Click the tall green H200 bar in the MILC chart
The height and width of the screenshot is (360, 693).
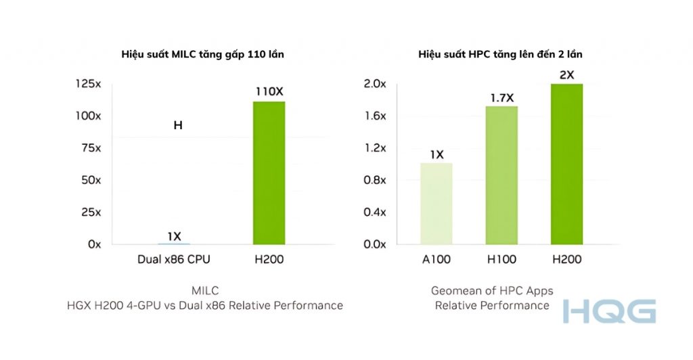269,173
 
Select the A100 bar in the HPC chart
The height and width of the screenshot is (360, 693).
436,203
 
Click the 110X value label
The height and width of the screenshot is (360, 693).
269,91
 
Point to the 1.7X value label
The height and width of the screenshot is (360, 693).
501,97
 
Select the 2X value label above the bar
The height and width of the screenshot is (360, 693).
566,75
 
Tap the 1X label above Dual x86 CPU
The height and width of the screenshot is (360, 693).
174,236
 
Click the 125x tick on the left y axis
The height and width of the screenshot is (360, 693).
88,84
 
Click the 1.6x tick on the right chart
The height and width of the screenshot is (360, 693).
374,116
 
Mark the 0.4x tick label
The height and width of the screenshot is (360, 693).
374,212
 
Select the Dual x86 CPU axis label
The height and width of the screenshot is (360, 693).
174,260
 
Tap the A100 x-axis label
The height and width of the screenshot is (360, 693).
436,260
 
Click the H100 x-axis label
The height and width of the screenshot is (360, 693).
501,260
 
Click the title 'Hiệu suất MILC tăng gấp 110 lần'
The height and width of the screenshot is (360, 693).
202,54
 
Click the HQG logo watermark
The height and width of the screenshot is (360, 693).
609,311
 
